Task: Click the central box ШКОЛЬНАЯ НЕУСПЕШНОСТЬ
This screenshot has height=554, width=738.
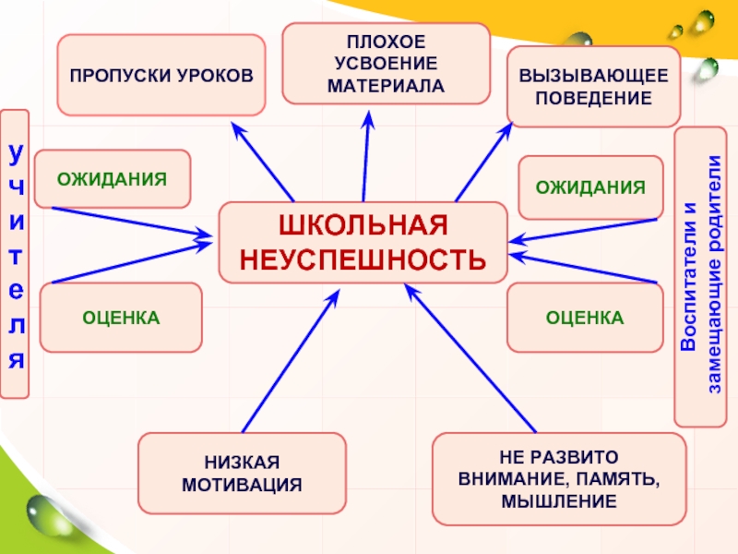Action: [363, 242]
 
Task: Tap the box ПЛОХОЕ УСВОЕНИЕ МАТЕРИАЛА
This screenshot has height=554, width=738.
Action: [386, 64]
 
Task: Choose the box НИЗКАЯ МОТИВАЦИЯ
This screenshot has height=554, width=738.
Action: [242, 473]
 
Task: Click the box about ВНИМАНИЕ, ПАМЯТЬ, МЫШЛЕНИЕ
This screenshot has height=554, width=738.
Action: [559, 479]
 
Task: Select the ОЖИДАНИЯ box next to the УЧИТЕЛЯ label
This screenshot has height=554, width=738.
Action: [113, 178]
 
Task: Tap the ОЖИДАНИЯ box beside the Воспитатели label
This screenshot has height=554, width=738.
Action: [590, 187]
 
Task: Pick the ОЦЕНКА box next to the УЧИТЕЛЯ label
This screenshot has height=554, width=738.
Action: [121, 318]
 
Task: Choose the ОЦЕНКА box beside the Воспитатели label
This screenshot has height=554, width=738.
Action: [585, 318]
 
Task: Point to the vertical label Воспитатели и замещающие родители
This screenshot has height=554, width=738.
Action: [701, 277]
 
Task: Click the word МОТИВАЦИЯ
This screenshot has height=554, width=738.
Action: [242, 484]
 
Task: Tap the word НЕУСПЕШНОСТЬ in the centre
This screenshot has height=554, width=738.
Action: [363, 259]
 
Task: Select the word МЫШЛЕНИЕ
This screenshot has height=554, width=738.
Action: [559, 501]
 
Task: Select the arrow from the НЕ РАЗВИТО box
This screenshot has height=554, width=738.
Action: [470, 360]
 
